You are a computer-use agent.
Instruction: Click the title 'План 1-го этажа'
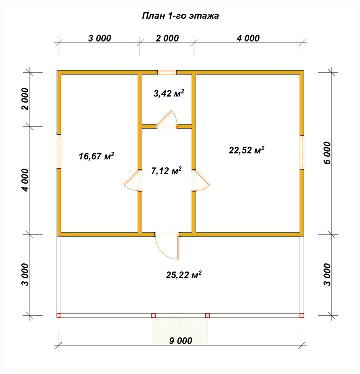[180, 16]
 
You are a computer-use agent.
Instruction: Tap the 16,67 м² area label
[96, 156]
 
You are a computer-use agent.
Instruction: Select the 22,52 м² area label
[246, 150]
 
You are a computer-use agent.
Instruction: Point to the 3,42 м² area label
[169, 93]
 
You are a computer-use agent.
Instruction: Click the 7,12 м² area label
[166, 170]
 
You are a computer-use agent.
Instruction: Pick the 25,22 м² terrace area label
[184, 275]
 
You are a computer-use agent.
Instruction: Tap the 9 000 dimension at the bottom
[181, 341]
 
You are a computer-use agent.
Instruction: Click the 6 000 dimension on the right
[327, 153]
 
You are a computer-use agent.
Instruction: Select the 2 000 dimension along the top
[167, 38]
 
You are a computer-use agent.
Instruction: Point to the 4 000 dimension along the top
[248, 38]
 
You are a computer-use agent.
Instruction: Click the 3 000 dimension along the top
[100, 38]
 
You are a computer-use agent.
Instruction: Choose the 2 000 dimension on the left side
[25, 99]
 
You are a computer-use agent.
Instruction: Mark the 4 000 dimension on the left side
[25, 180]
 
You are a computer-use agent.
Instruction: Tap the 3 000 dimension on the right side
[327, 275]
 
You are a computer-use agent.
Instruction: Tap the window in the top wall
[167, 72]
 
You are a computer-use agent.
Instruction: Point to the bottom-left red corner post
[59, 315]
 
